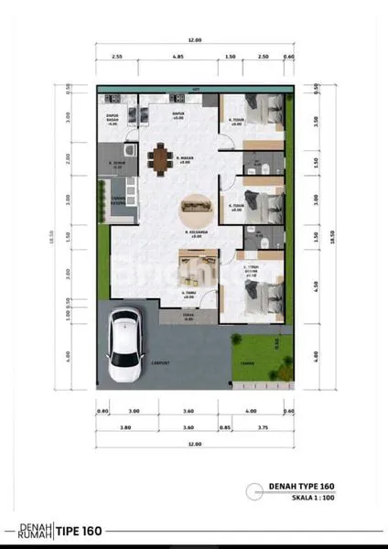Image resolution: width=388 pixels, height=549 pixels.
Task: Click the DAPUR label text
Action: point(178,113)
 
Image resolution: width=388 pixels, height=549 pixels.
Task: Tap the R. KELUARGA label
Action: point(192,233)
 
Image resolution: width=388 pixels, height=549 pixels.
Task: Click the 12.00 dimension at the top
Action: point(194,41)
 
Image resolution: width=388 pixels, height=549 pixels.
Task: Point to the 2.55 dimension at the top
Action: point(118,57)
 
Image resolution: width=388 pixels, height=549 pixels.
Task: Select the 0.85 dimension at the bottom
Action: point(224,426)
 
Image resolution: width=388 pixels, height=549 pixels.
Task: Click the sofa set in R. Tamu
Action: point(189,272)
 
